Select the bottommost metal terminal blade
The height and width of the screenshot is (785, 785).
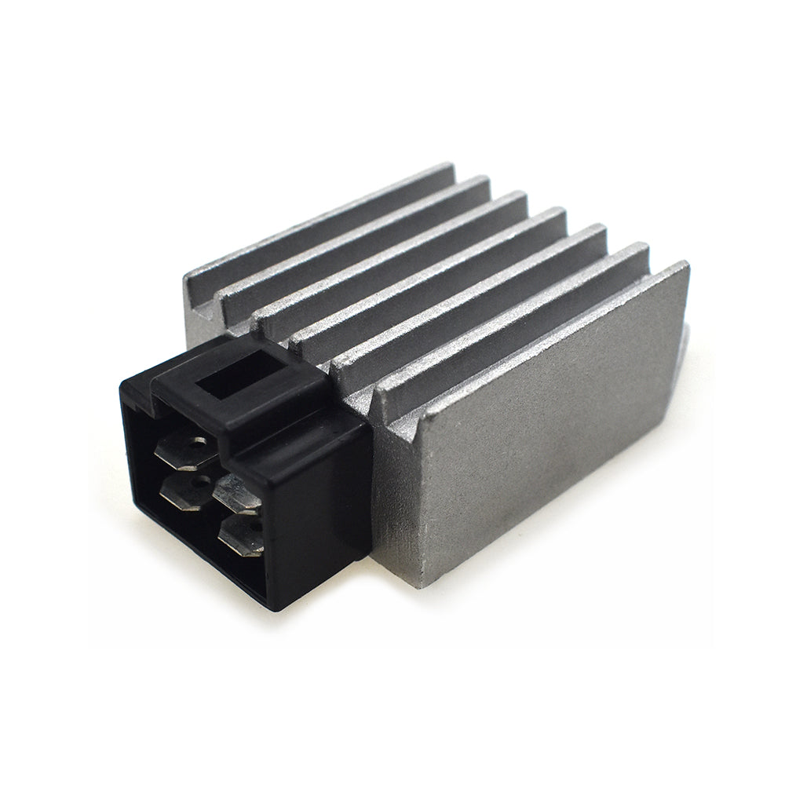tap(240, 537)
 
